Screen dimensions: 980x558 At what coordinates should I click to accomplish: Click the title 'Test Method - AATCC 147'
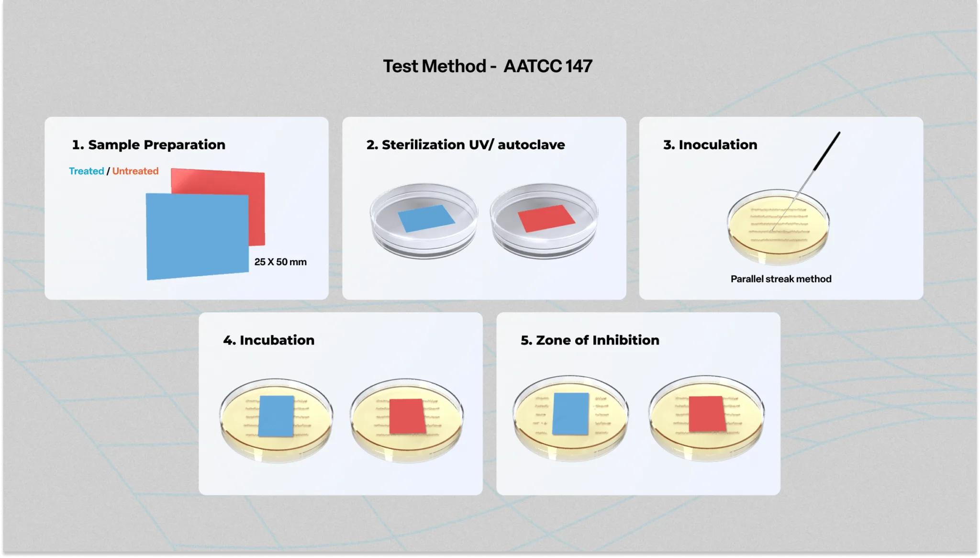488,66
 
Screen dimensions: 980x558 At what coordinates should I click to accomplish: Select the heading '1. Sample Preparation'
148,145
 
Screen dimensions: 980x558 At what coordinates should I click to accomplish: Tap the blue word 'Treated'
86,171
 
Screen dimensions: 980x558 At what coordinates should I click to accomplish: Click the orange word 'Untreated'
135,171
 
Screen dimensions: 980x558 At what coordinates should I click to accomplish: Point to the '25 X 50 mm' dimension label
280,262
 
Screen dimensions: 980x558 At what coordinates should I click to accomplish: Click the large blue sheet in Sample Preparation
197,236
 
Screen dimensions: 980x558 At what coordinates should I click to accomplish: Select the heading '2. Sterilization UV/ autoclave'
466,145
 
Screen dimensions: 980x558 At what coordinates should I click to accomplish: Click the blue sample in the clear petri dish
426,218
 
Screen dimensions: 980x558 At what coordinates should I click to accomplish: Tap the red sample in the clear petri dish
546,218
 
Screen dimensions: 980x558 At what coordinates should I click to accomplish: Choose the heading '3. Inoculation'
710,145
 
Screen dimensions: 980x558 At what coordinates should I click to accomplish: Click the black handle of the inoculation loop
827,151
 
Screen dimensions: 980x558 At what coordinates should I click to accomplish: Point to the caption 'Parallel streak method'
781,279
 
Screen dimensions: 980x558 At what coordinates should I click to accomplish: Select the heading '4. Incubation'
268,340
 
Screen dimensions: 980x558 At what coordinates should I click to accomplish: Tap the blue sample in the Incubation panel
276,416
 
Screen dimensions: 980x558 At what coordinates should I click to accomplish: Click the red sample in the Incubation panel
407,416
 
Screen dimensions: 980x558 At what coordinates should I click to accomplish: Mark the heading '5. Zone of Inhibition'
590,340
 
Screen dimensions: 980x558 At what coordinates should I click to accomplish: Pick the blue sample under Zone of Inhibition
570,414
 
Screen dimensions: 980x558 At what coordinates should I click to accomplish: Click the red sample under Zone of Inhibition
707,414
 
